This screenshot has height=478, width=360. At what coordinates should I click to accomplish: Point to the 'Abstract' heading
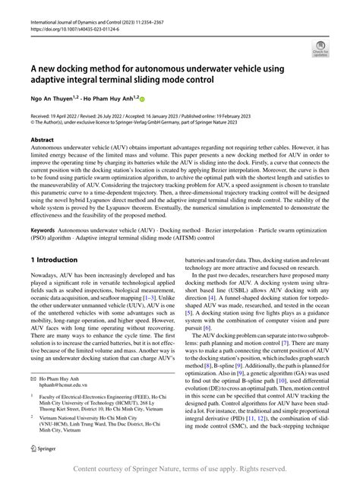[42, 141]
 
